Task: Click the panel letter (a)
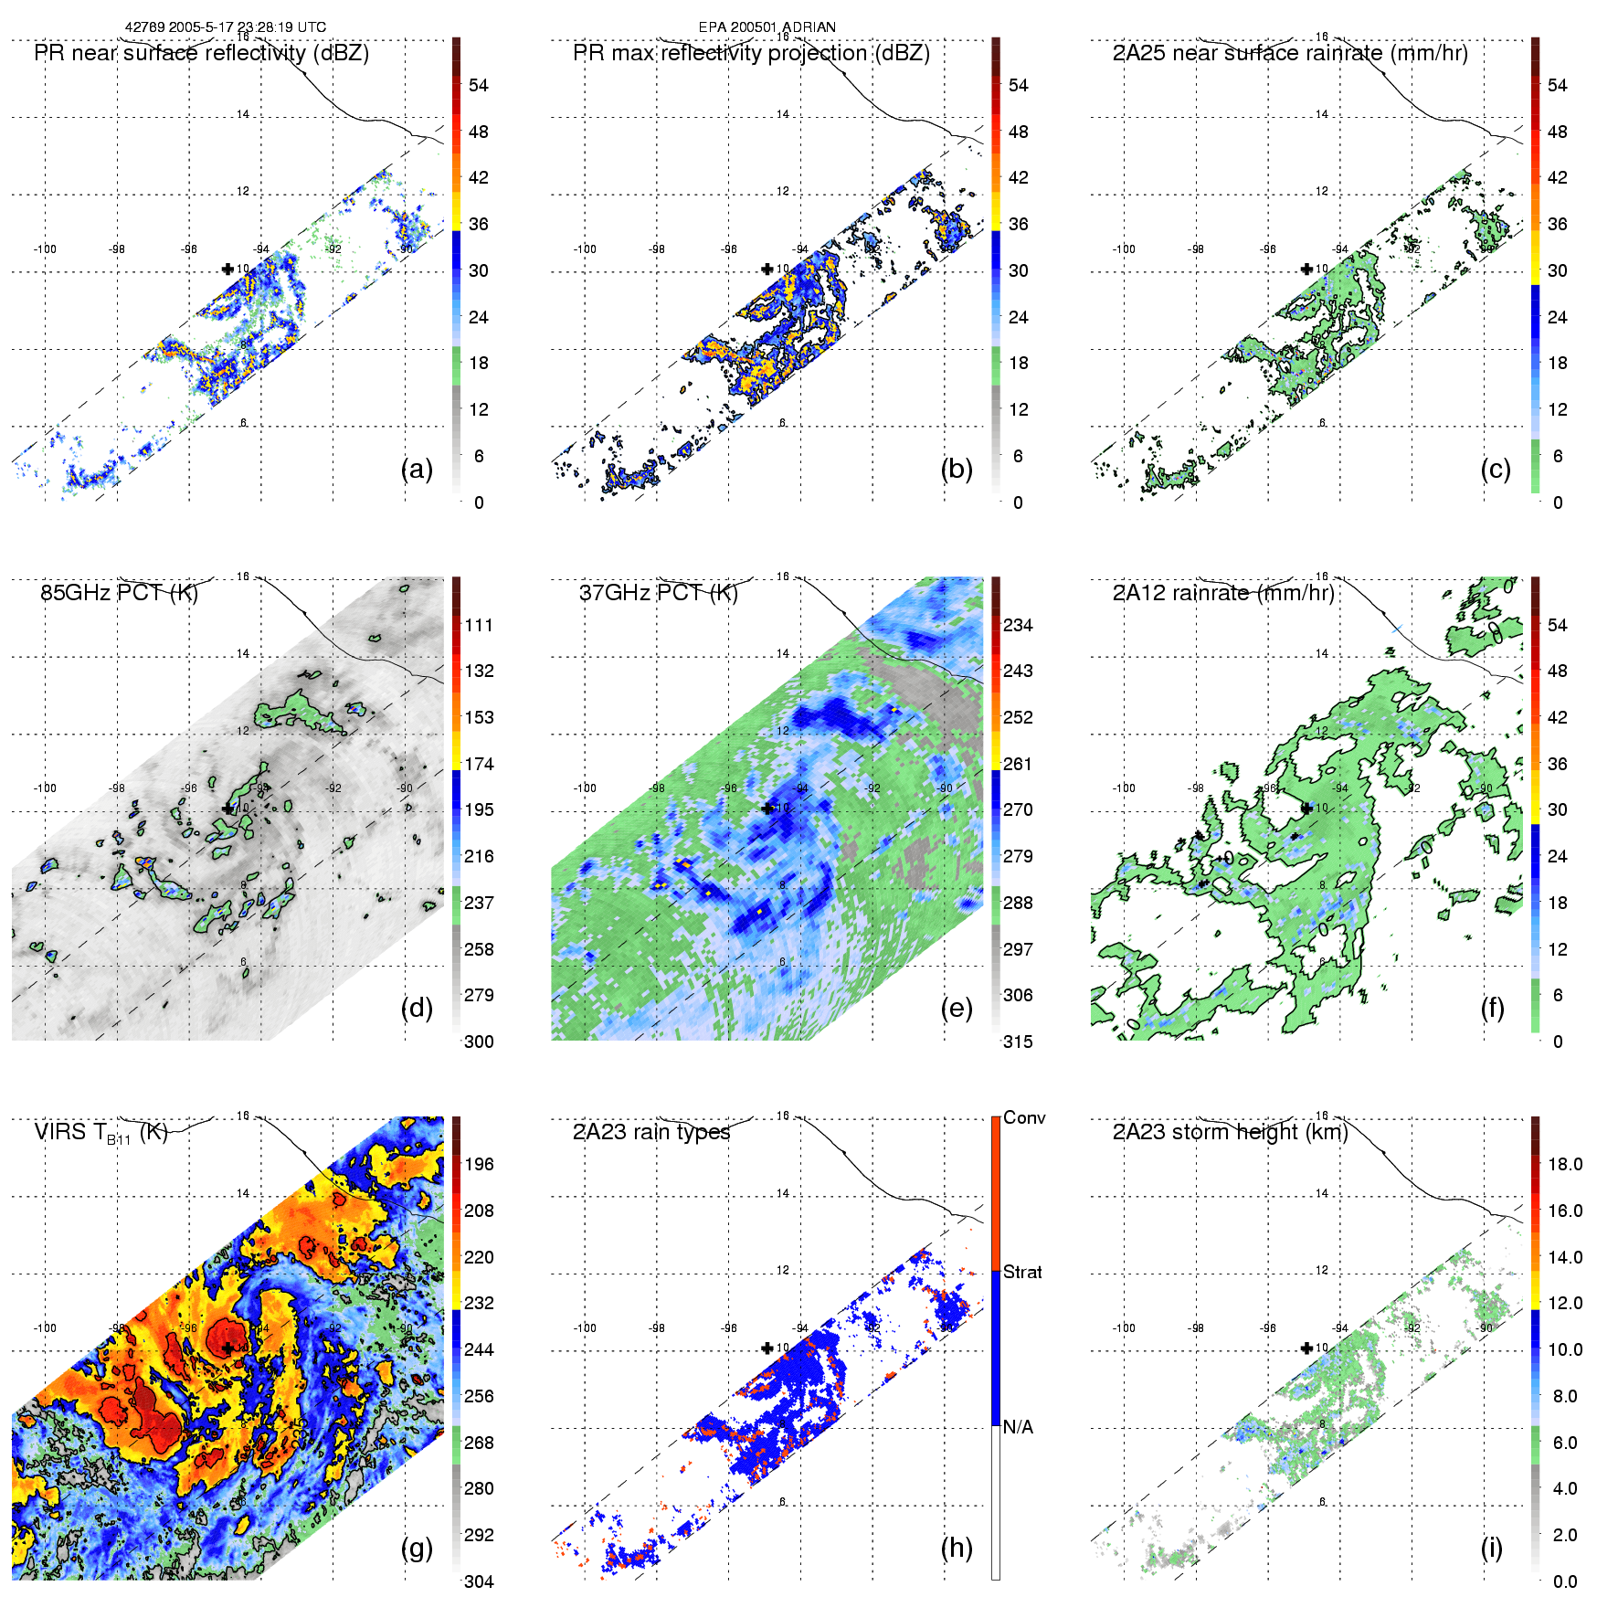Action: coord(417,470)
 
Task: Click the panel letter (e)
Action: coord(956,1009)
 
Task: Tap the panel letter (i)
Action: coord(1491,1548)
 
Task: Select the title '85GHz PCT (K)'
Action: coord(119,592)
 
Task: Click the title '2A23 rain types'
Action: coord(651,1132)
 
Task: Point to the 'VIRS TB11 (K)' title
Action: coord(100,1133)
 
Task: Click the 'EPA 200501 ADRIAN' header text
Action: coord(767,27)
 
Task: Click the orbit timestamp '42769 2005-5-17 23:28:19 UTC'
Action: coord(225,27)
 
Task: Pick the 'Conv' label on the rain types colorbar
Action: coord(1024,1117)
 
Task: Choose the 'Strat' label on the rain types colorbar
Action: coord(1022,1272)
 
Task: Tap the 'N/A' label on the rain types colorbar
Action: coord(1018,1426)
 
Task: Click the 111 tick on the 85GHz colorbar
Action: coord(479,625)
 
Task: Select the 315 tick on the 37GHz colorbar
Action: coord(1018,1042)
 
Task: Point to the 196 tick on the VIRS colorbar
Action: coord(479,1164)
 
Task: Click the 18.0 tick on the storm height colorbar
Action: coord(1565,1164)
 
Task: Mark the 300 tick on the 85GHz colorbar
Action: coord(479,1042)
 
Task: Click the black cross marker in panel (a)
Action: coord(227,269)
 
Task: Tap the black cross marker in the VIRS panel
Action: coord(227,1348)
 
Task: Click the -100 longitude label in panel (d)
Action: coord(45,788)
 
